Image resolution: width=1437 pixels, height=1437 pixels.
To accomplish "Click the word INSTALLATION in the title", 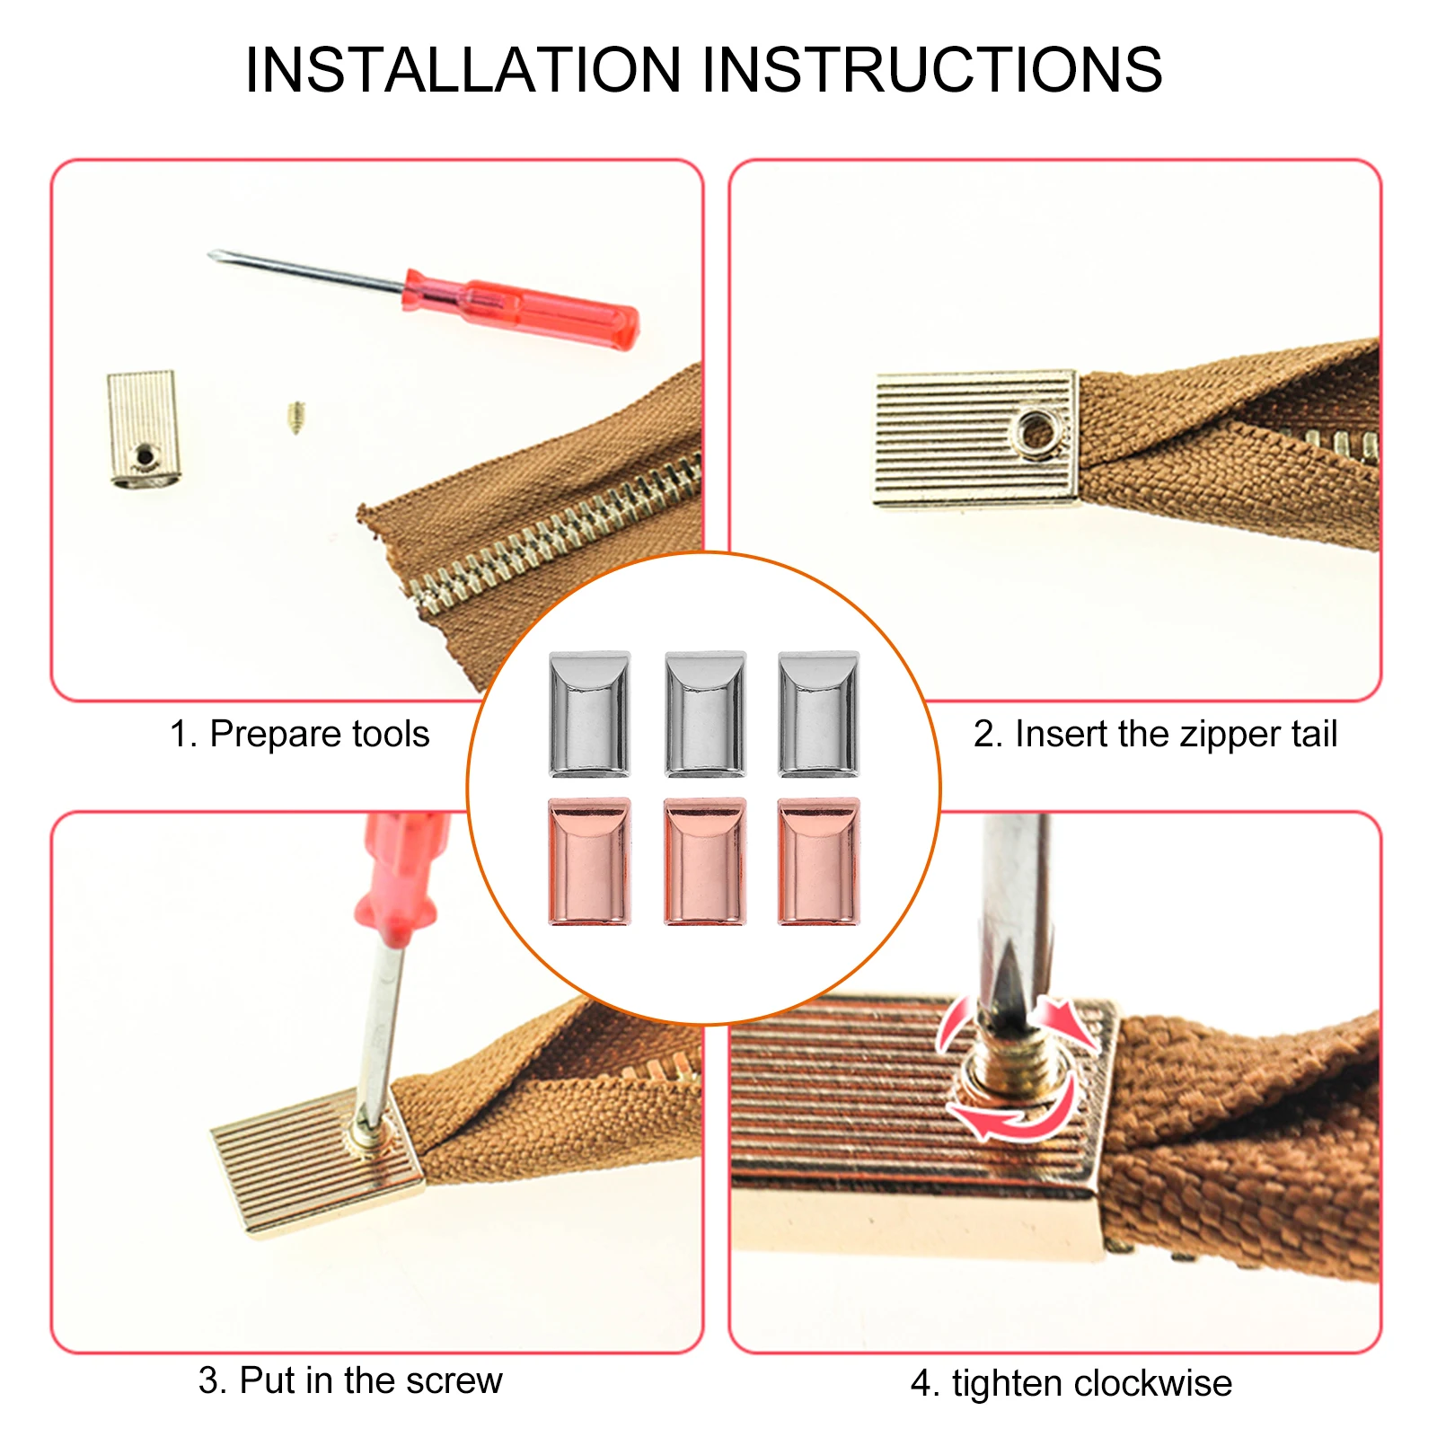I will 463,70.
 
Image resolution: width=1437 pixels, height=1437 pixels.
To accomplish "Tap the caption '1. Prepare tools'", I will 300,735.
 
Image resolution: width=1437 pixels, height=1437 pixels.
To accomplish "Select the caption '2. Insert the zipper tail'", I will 1155,735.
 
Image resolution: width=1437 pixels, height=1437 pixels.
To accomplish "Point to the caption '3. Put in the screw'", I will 350,1380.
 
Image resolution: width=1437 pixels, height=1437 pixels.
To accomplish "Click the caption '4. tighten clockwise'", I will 1071,1383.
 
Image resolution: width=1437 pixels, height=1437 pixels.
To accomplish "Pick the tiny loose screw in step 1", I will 295,417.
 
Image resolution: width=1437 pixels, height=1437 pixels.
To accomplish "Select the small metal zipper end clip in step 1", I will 143,428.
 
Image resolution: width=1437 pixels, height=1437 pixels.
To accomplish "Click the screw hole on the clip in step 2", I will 1039,432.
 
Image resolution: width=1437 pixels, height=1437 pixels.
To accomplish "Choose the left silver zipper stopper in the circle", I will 589,714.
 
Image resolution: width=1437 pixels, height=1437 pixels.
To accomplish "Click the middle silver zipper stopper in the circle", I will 705,714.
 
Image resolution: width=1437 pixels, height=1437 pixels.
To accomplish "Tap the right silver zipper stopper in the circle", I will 818,714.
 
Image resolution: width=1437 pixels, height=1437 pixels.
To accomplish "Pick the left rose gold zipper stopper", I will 589,861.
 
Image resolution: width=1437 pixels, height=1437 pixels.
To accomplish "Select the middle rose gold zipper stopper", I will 705,861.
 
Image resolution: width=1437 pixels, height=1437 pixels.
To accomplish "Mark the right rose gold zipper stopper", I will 818,861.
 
